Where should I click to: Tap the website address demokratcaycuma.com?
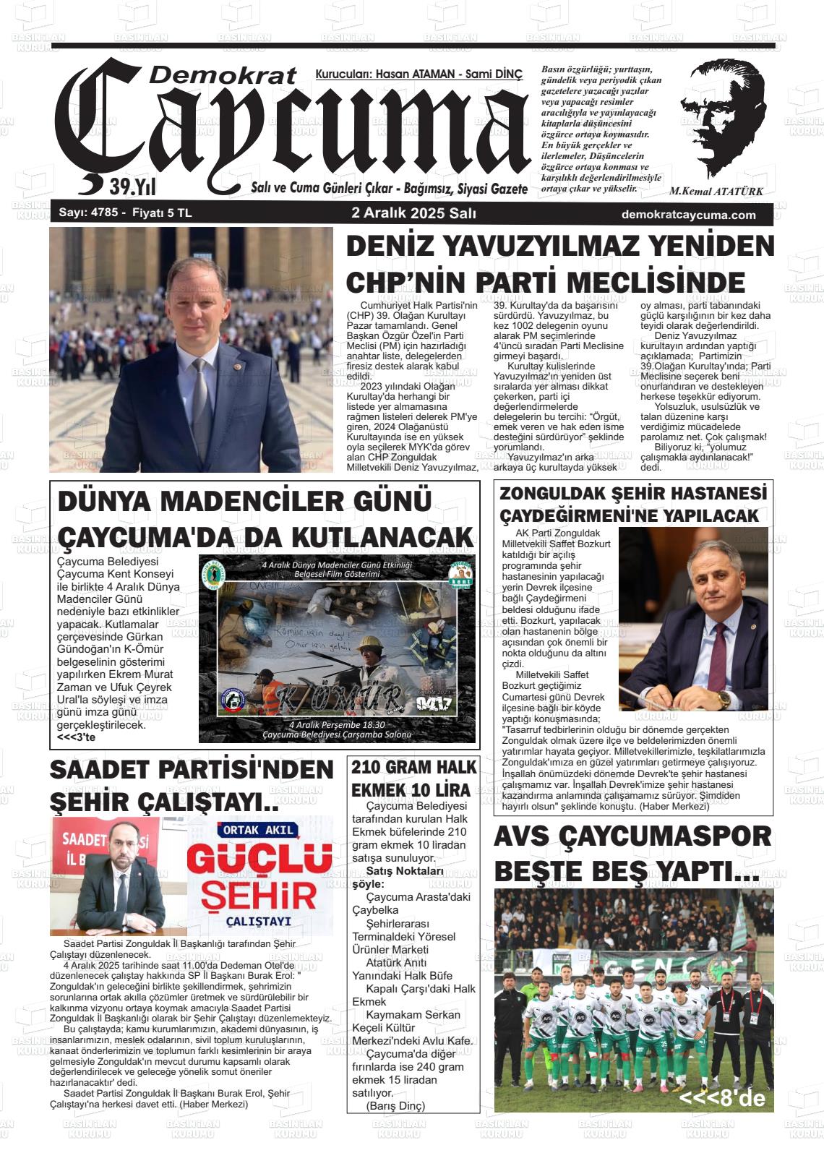688,215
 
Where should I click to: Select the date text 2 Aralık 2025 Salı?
413,214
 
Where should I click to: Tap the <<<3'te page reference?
77,738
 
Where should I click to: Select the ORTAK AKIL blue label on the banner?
259,830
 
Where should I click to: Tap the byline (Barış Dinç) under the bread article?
396,1106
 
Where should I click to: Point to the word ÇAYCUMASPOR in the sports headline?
664,837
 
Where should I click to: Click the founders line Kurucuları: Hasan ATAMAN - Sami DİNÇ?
419,74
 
